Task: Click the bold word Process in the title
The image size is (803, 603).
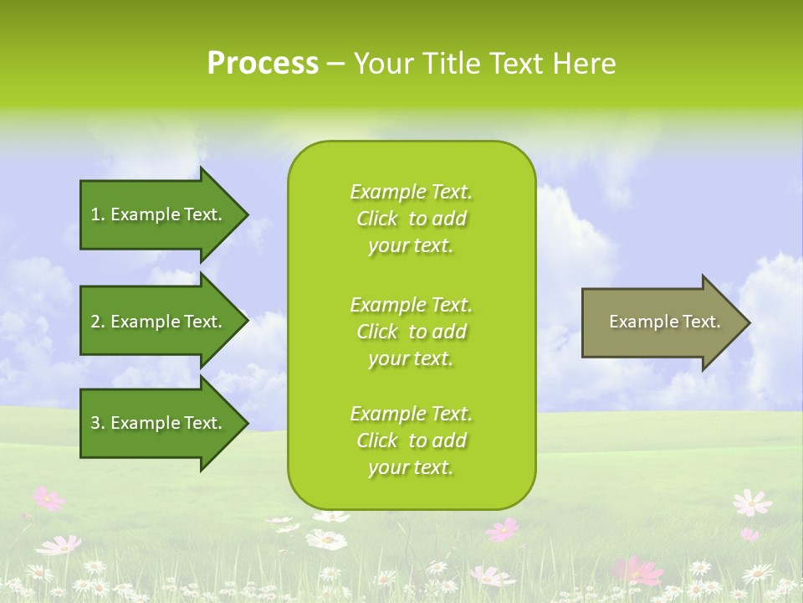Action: pyautogui.click(x=263, y=64)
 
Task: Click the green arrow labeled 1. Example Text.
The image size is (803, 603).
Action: pyautogui.click(x=159, y=214)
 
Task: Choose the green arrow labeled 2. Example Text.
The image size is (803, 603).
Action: pyautogui.click(x=159, y=322)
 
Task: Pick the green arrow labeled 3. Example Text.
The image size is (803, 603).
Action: pyautogui.click(x=159, y=423)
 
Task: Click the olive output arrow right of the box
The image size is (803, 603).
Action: pyautogui.click(x=661, y=322)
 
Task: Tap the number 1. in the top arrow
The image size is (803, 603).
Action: pyautogui.click(x=98, y=214)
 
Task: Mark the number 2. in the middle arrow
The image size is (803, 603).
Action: pyautogui.click(x=98, y=322)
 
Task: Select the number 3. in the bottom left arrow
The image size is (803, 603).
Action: pyautogui.click(x=98, y=423)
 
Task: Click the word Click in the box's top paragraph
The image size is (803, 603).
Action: pyautogui.click(x=377, y=219)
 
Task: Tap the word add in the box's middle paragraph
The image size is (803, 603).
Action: pyautogui.click(x=450, y=332)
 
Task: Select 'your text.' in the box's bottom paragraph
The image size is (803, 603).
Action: pyautogui.click(x=411, y=467)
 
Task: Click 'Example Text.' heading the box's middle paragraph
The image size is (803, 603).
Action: pyautogui.click(x=411, y=305)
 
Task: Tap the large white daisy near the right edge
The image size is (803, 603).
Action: pyautogui.click(x=751, y=502)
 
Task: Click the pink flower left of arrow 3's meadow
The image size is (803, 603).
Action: pyautogui.click(x=49, y=499)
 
